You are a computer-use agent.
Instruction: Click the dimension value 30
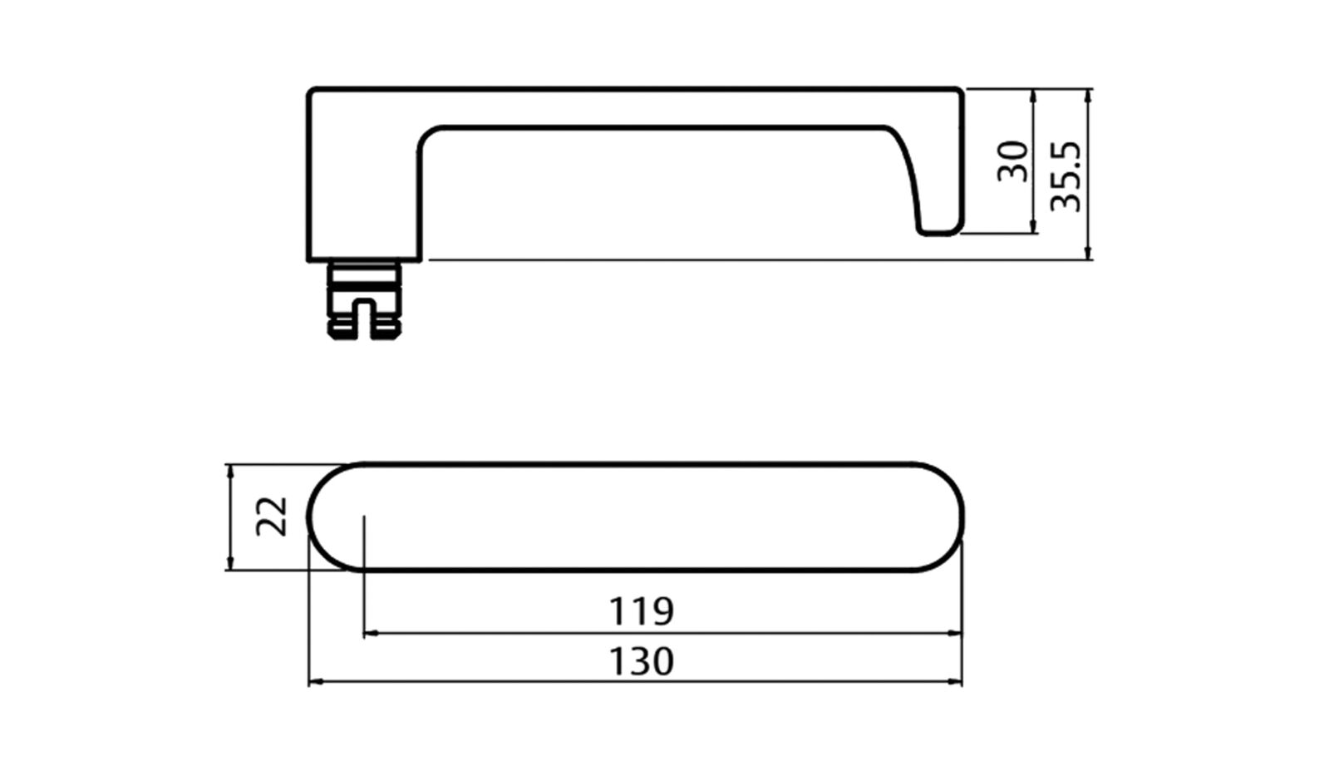(1013, 161)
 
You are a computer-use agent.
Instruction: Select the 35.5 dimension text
(1066, 176)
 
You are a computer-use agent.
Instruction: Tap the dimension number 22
(272, 517)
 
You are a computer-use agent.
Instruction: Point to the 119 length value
(642, 611)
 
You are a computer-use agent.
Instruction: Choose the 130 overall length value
(642, 661)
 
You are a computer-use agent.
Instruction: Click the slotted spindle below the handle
(364, 300)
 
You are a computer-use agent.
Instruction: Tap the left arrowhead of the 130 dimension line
(315, 682)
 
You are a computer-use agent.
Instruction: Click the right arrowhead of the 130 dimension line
(955, 682)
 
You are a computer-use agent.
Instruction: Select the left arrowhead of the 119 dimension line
(370, 634)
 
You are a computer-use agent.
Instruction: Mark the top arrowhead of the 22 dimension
(230, 472)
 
